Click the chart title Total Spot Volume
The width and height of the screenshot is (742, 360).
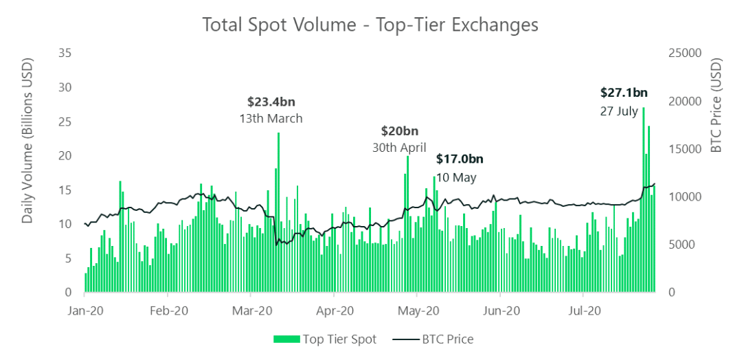point(370,24)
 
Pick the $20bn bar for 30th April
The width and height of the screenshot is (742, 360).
point(407,227)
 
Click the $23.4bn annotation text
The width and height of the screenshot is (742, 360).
point(271,102)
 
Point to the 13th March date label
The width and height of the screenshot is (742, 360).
point(271,118)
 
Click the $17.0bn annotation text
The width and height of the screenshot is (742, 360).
point(460,159)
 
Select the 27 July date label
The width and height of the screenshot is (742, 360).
point(619,111)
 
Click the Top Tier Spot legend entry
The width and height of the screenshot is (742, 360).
point(325,339)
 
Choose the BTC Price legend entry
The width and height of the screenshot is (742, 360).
point(432,339)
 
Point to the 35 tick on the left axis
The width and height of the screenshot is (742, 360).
point(66,53)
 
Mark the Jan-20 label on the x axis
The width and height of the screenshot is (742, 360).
point(85,311)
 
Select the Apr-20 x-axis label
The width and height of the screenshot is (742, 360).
point(337,311)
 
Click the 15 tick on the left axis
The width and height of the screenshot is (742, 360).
point(66,190)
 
